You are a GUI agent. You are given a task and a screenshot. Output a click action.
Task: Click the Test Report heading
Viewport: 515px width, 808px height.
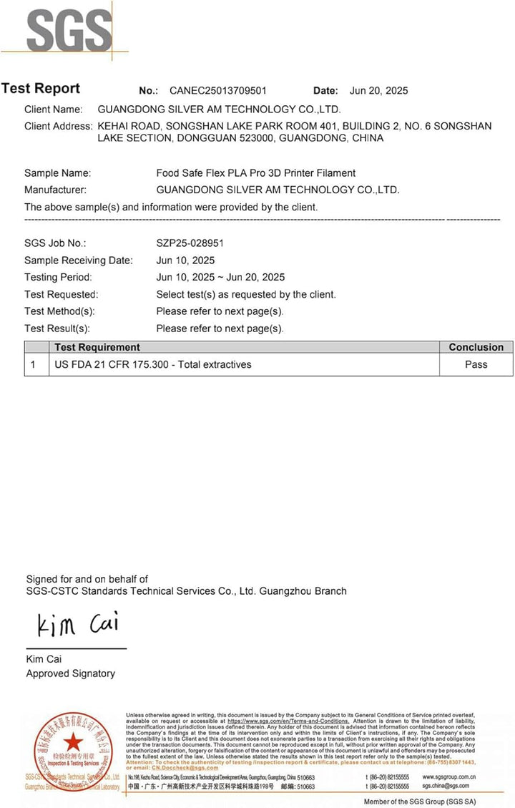click(41, 89)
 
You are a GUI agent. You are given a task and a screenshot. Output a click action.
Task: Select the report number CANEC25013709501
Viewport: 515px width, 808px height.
click(218, 91)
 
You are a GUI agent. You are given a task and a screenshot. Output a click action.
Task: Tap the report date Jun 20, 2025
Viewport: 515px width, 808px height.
click(378, 91)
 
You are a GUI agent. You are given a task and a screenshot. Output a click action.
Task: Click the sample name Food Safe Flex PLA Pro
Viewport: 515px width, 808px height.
click(255, 173)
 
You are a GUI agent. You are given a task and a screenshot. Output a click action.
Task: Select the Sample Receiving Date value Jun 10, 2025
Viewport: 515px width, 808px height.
click(185, 261)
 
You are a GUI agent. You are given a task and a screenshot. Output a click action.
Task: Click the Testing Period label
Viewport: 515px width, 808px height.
click(58, 278)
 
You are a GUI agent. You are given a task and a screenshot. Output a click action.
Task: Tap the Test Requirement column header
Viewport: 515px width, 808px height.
click(97, 347)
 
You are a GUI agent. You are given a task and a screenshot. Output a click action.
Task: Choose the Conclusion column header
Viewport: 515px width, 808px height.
click(476, 347)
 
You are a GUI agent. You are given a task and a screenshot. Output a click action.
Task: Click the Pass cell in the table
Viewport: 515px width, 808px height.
click(476, 364)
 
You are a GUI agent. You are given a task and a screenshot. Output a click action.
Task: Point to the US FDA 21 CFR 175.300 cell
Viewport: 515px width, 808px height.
click(153, 364)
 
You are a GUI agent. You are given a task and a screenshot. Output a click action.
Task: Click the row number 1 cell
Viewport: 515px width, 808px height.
click(33, 364)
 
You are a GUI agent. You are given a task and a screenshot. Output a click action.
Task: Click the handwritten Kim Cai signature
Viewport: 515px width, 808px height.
click(78, 625)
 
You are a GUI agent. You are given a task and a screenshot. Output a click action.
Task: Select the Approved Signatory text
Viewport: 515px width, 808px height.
click(70, 673)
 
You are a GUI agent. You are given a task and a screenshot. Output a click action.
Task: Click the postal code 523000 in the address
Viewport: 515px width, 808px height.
click(255, 138)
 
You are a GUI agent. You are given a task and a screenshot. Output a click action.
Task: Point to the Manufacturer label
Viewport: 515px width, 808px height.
click(55, 190)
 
